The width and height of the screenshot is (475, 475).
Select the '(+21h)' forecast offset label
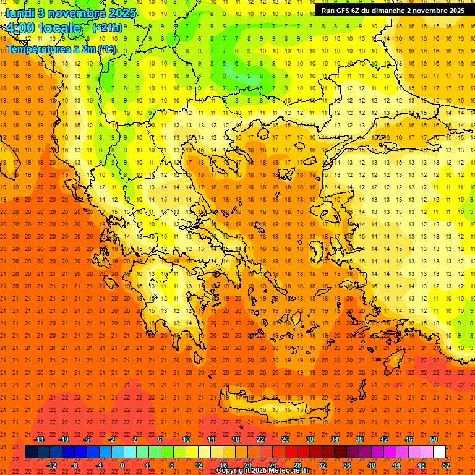point(107,27)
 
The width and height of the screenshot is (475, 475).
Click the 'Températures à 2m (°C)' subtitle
point(61,49)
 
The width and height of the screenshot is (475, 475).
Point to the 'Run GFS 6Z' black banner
point(393,10)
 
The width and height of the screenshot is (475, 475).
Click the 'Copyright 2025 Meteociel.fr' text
point(262,471)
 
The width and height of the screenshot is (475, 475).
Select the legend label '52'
point(446,464)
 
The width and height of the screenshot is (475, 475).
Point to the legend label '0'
point(122,464)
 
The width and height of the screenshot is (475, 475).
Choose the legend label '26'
point(285,439)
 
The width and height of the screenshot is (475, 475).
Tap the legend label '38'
point(359,439)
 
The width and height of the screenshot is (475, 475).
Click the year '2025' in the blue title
point(122,13)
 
